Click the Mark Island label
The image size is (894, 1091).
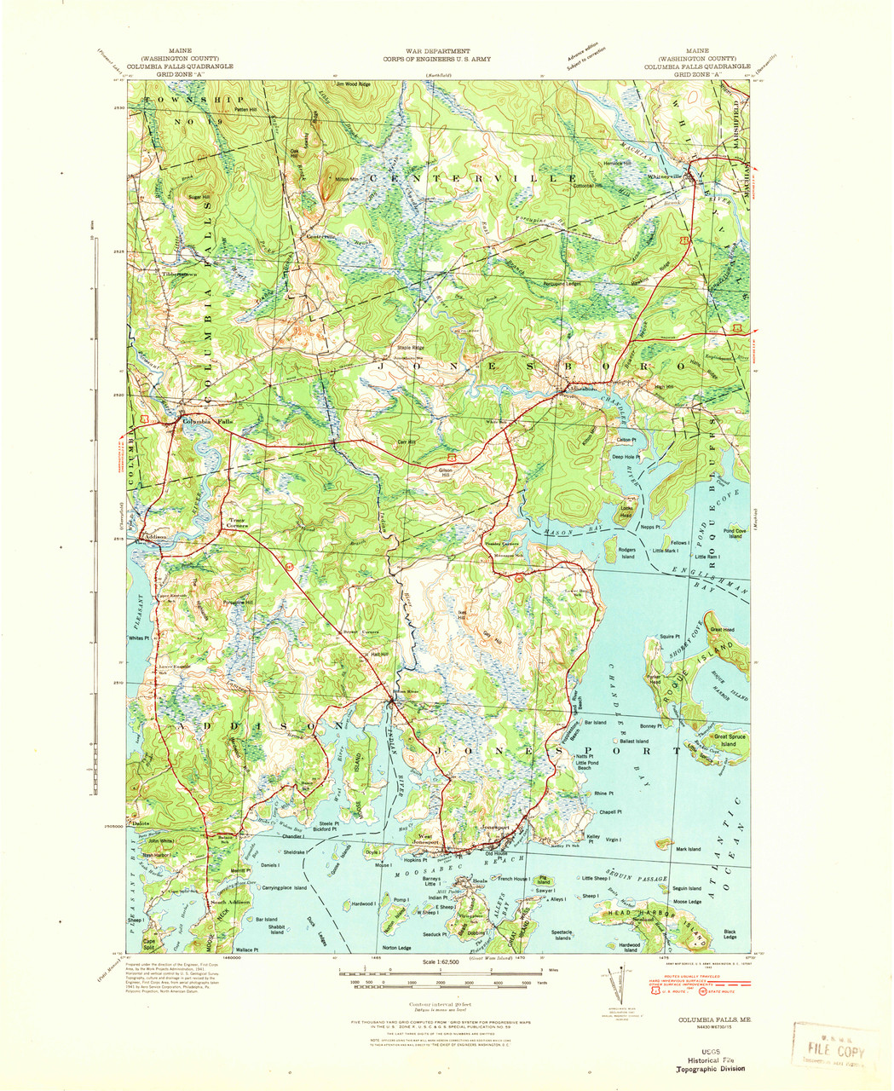click(688, 849)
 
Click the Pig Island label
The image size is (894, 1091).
click(544, 880)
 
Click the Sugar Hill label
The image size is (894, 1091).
click(199, 197)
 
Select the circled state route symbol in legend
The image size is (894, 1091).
click(702, 990)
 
